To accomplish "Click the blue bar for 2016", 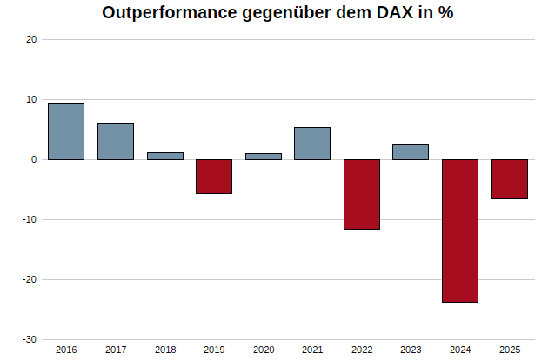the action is tap(66, 131).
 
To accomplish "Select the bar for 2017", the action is tap(116, 142).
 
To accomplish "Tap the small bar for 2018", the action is tap(165, 157).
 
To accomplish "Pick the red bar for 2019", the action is tap(214, 177).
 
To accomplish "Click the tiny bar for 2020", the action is tap(264, 157).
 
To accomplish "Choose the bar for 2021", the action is tap(312, 143).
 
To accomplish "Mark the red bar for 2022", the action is tap(362, 194).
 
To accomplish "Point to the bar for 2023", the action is tap(411, 152).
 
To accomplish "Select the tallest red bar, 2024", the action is tap(460, 230).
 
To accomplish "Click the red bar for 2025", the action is tap(510, 179).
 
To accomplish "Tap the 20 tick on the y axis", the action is tap(31, 39).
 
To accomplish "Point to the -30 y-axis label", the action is tap(30, 339).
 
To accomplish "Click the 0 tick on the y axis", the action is tap(34, 159).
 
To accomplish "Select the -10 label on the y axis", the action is tap(30, 219).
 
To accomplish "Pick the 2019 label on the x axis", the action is tap(214, 350).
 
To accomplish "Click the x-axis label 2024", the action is tap(460, 350).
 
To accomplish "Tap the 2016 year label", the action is tap(66, 350).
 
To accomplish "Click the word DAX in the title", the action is tap(395, 12).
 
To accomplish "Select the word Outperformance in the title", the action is tap(169, 13).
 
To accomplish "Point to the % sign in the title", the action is tap(445, 12).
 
